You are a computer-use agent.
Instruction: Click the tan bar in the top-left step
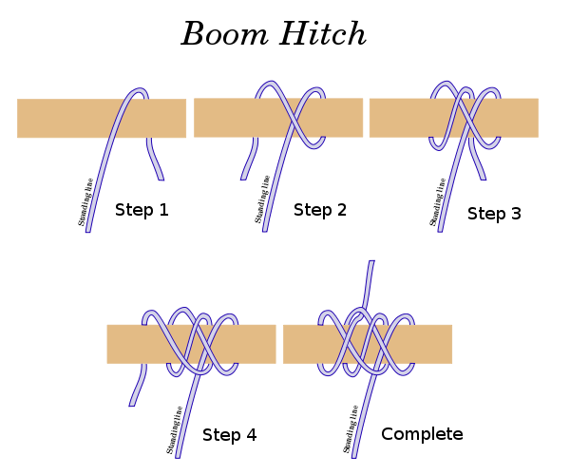[x=57, y=119]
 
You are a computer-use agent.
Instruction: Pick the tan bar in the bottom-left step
[x=128, y=344]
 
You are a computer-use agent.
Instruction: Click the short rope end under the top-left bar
[x=161, y=178]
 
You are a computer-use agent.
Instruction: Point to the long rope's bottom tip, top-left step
[x=88, y=230]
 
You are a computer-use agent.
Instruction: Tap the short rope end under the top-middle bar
[x=244, y=177]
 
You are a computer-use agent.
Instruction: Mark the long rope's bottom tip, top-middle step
[x=265, y=230]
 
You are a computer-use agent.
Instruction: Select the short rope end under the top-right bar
[x=483, y=177]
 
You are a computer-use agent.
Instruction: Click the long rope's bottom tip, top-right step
[x=440, y=230]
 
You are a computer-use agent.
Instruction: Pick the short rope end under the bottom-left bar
[x=132, y=404]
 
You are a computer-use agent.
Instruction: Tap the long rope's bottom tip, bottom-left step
[x=178, y=455]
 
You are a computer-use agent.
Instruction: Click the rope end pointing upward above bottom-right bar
[x=370, y=263]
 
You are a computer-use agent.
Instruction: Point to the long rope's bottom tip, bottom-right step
[x=354, y=455]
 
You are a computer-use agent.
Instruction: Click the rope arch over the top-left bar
[x=139, y=92]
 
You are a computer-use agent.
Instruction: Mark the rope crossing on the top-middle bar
[x=294, y=118]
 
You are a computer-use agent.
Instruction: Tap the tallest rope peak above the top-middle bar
[x=270, y=85]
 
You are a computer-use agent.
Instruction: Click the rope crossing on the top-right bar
[x=465, y=118]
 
